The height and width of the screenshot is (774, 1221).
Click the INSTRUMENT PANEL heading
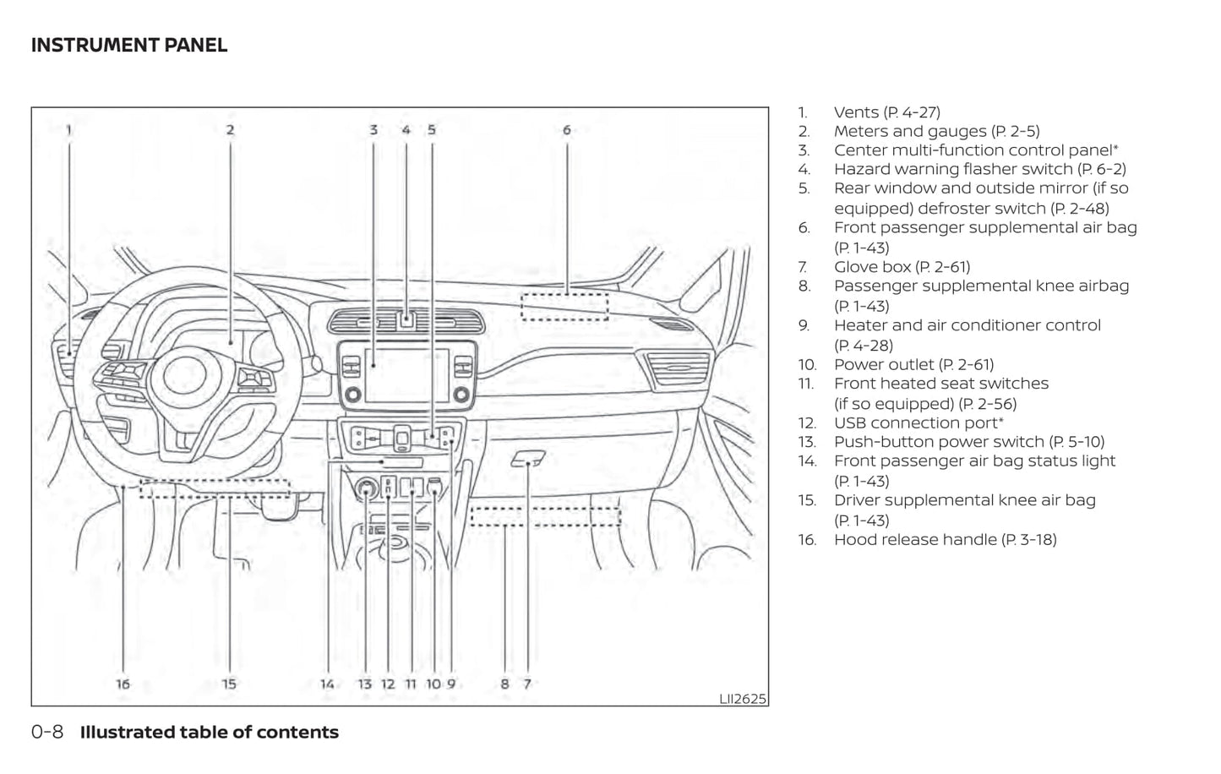click(x=129, y=46)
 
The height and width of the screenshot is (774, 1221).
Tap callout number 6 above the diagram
click(x=566, y=130)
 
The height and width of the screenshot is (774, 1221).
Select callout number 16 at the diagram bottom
click(x=123, y=684)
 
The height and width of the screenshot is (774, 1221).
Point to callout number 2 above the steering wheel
click(x=230, y=130)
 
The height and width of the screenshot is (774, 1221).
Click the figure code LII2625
click(x=743, y=698)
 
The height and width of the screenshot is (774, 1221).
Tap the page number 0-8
click(x=47, y=733)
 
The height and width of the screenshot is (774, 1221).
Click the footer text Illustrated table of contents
click(x=210, y=733)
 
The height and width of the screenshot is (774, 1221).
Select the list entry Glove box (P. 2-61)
click(x=902, y=267)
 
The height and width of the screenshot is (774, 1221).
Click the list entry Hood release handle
click(x=945, y=539)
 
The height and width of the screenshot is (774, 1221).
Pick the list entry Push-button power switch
click(x=968, y=442)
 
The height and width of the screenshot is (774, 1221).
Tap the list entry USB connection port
click(x=918, y=422)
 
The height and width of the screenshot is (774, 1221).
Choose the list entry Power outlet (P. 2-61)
click(x=913, y=364)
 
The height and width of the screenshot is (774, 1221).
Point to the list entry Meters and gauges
click(x=936, y=131)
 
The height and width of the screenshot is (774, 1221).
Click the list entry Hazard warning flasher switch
click(x=979, y=169)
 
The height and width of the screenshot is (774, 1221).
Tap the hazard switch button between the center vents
click(x=406, y=319)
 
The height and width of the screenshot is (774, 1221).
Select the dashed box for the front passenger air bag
click(x=564, y=306)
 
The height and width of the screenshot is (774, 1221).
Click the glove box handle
click(x=527, y=459)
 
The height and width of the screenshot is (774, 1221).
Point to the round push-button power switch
click(x=367, y=488)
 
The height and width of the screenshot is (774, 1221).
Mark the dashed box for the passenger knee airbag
click(x=545, y=515)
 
